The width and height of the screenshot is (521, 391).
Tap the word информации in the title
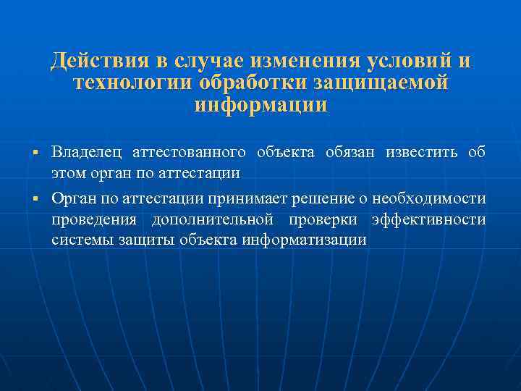pos(260,106)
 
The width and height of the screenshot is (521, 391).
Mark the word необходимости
pos(429,197)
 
